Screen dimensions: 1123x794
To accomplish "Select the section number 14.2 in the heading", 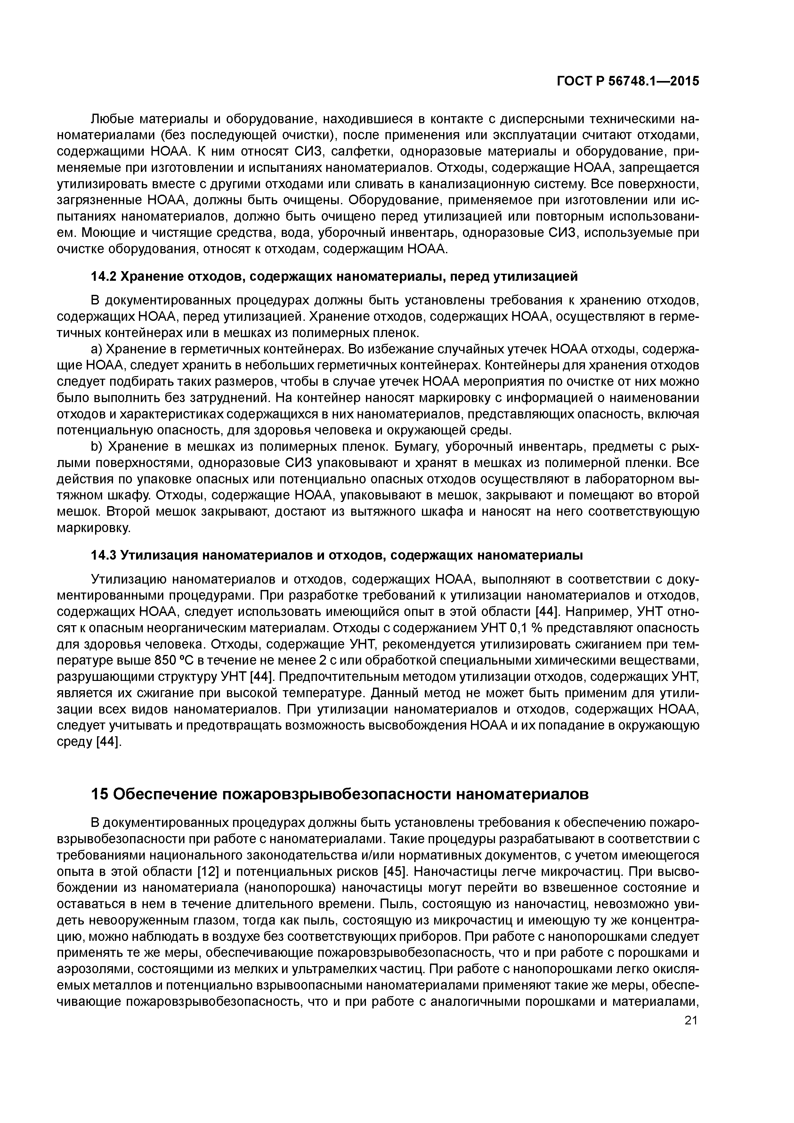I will pyautogui.click(x=103, y=277).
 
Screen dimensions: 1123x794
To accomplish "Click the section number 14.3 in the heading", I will pyautogui.click(x=103, y=556).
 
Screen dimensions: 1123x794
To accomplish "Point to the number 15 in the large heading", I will pyautogui.click(x=99, y=795).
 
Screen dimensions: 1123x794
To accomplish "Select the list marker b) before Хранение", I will pyautogui.click(x=96, y=447).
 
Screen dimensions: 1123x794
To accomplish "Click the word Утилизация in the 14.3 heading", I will pyautogui.click(x=159, y=556).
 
